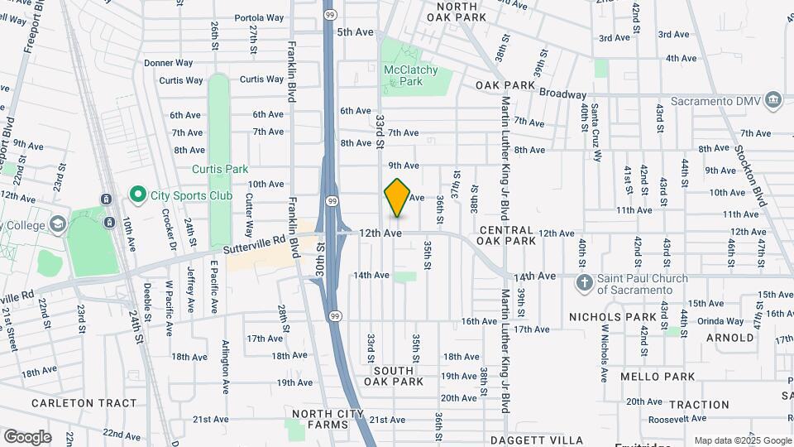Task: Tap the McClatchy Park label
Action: coord(410,76)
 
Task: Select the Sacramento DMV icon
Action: coord(773,100)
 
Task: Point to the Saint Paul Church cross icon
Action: coord(584,283)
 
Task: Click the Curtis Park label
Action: coord(220,169)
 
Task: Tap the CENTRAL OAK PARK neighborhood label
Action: coord(507,234)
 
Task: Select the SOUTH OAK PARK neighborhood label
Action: coord(394,376)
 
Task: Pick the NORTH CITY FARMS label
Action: coord(331,419)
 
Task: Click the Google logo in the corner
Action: coord(27,436)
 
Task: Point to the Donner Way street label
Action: coord(168,63)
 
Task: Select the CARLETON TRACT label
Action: coord(84,403)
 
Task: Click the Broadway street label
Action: coord(562,94)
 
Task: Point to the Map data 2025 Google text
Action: coord(742,440)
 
